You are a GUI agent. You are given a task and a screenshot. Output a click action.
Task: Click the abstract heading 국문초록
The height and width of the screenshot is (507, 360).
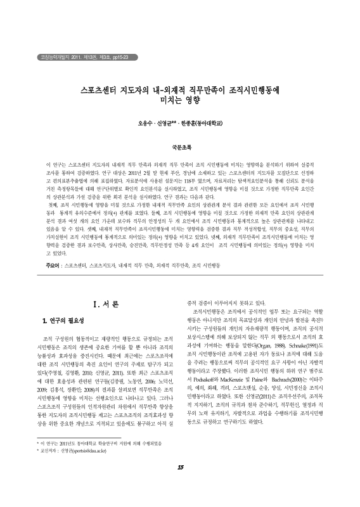point(180,145)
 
